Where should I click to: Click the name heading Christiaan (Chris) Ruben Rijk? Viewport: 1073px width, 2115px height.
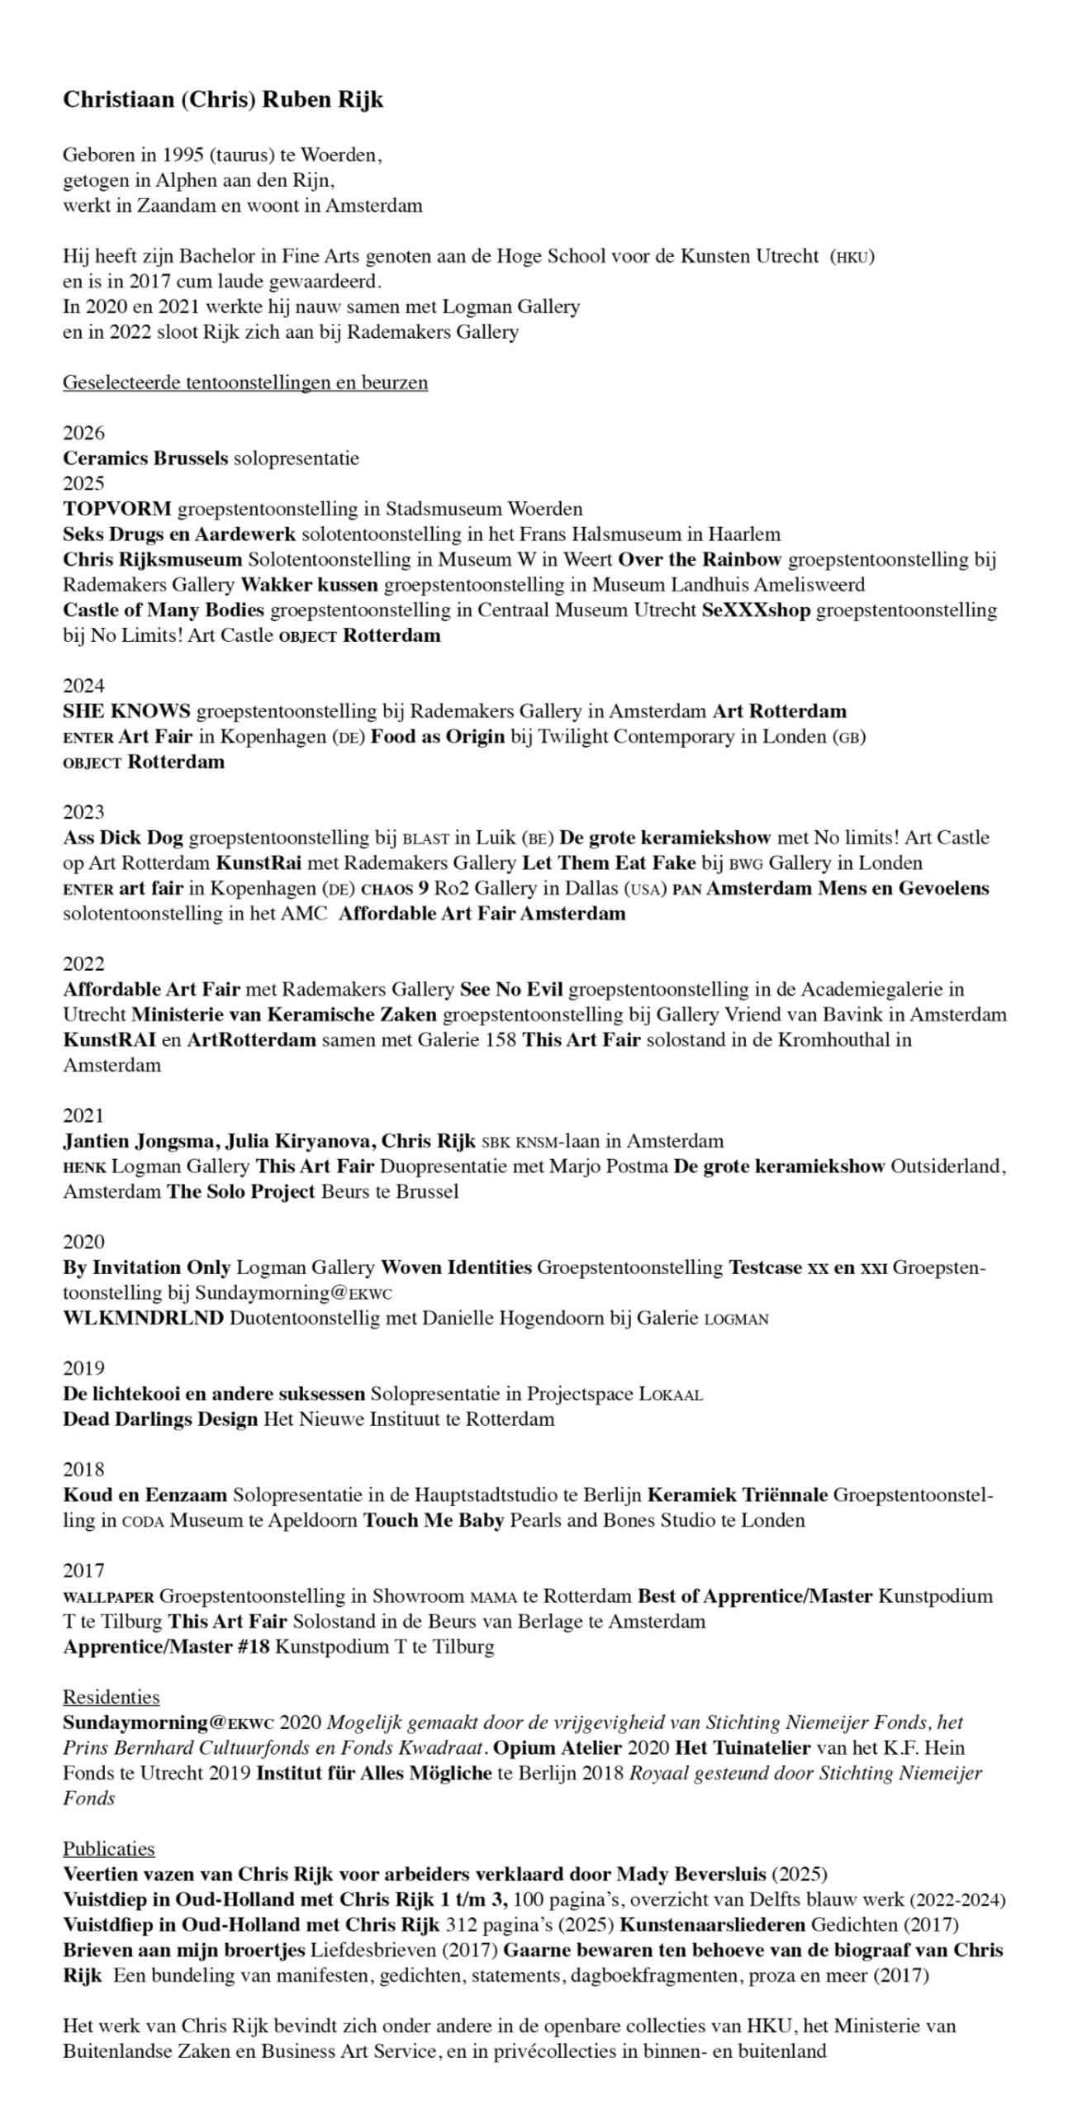[223, 100]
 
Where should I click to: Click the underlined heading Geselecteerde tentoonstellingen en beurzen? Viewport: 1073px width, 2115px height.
[245, 383]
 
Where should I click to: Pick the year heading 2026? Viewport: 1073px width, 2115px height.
[83, 433]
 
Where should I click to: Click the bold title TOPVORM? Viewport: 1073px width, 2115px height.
[117, 509]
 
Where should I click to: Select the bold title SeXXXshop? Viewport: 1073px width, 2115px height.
[756, 611]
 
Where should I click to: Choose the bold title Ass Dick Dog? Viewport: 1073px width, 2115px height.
[123, 838]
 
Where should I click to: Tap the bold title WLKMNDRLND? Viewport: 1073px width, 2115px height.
[143, 1318]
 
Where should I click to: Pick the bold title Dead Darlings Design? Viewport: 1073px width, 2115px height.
[160, 1419]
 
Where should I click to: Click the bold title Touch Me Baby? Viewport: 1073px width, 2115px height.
[434, 1520]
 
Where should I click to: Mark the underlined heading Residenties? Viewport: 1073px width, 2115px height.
[111, 1697]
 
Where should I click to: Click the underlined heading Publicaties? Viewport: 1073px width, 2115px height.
[108, 1849]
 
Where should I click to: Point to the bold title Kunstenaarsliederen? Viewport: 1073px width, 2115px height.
[712, 1925]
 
